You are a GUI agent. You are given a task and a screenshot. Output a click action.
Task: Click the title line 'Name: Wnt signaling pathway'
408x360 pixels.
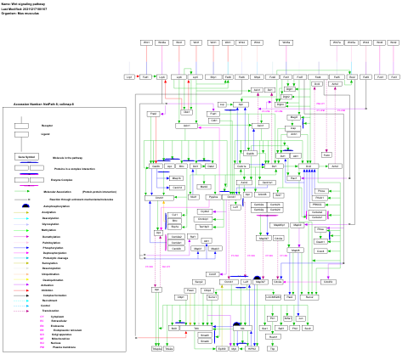click(x=24, y=4)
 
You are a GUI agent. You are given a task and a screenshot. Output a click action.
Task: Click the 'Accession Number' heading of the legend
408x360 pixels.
click(x=43, y=104)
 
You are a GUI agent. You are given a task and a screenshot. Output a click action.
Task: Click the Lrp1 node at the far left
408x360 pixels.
click(x=129, y=76)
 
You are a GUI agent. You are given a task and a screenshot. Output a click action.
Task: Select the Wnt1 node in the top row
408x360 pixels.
click(x=147, y=42)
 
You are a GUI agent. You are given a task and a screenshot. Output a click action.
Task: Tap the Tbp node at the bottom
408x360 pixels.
click(x=272, y=348)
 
